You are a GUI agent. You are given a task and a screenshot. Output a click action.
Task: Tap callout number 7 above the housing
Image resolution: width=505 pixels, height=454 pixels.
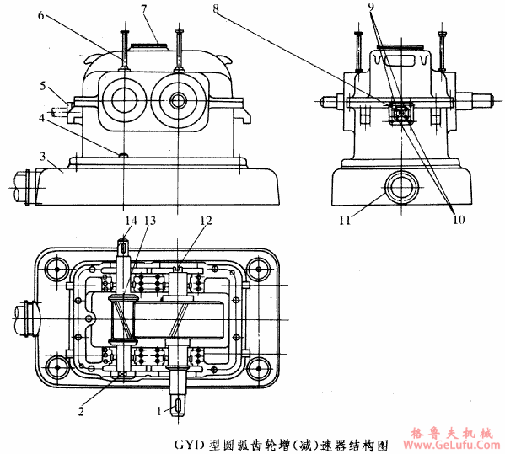pos(145,9)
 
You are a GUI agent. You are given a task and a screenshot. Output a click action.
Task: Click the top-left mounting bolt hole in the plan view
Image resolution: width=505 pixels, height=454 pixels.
pos(57,270)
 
